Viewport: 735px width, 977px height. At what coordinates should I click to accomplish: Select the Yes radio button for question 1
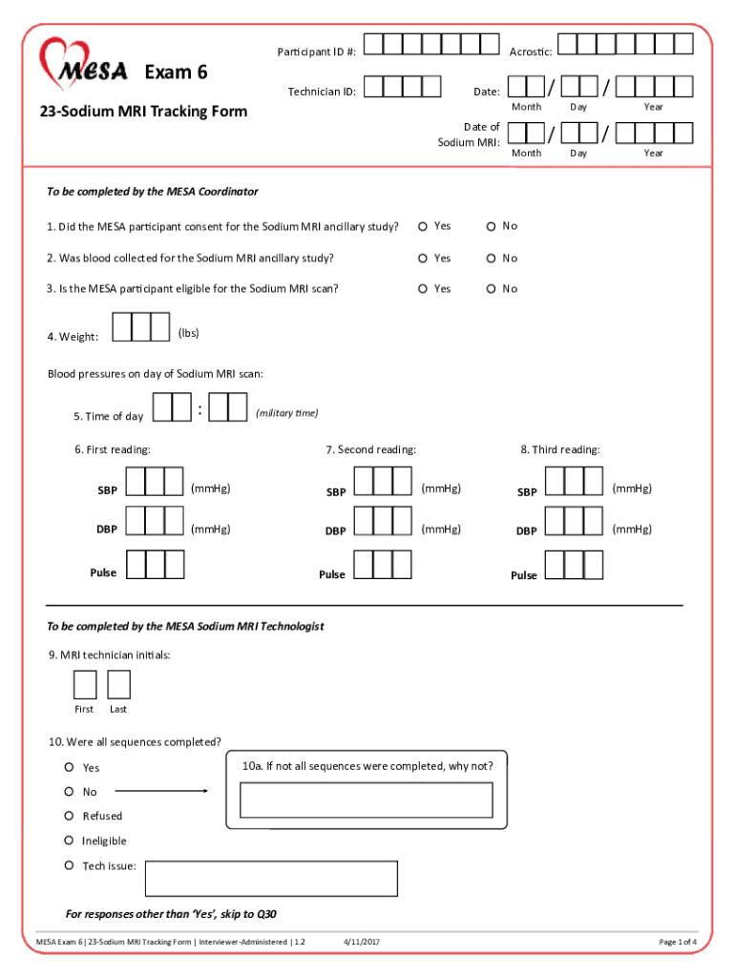click(423, 226)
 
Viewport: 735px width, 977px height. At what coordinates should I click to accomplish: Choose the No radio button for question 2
click(491, 258)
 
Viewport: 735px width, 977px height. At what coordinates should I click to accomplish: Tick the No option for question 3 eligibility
click(491, 288)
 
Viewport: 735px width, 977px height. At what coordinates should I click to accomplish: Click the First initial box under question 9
click(85, 685)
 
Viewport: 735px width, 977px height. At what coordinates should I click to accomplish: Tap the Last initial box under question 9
click(118, 685)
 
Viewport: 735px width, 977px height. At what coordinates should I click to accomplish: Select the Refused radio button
click(70, 816)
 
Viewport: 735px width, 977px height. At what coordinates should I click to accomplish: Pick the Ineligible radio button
click(70, 841)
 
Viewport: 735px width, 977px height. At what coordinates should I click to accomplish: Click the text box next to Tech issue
click(270, 878)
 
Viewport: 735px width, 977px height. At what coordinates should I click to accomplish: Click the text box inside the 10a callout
click(366, 800)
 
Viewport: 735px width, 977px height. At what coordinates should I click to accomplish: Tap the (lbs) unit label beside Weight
click(189, 332)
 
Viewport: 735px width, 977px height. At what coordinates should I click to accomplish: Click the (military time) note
click(287, 412)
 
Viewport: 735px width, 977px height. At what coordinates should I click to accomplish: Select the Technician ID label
click(322, 92)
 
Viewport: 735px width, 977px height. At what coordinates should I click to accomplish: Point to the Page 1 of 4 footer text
click(678, 942)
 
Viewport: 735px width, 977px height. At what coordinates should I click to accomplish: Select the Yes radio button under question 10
click(70, 767)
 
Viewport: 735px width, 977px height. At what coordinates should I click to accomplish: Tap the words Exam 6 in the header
click(177, 73)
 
